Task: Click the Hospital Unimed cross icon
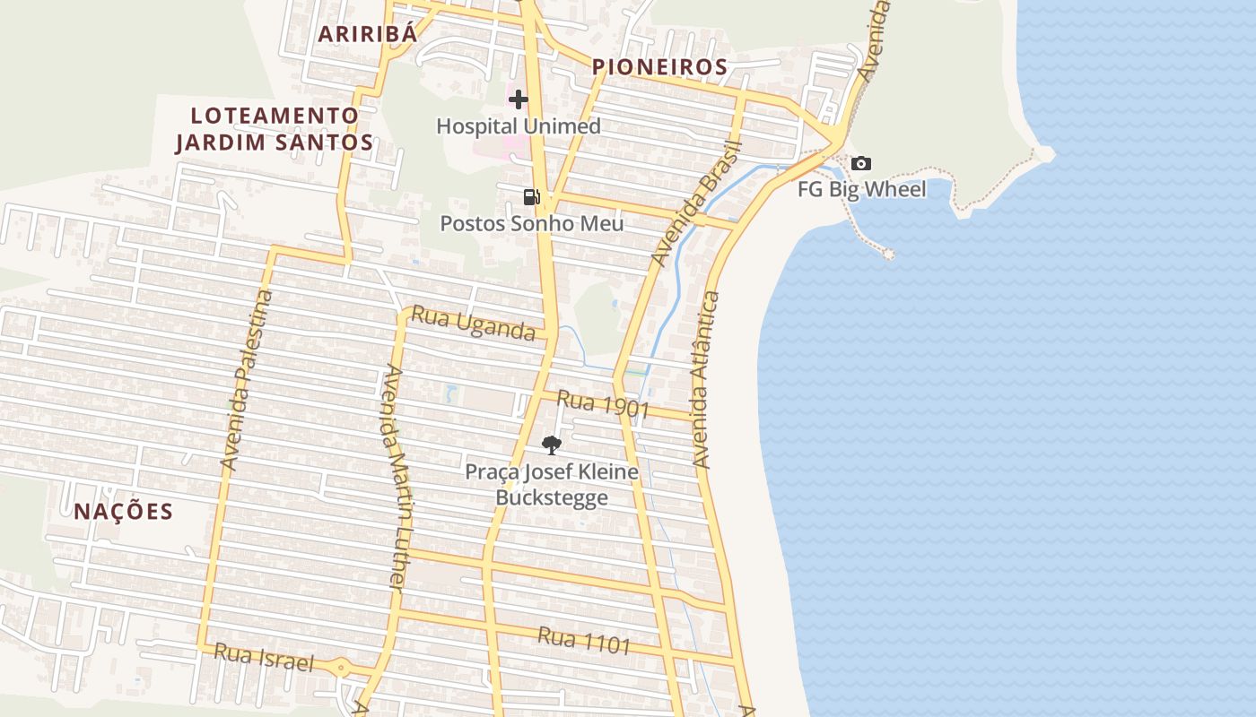(519, 99)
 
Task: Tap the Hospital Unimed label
(519, 126)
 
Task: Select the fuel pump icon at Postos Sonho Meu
(532, 197)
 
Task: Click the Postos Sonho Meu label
(531, 223)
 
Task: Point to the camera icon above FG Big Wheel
(861, 164)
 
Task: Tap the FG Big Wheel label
(862, 189)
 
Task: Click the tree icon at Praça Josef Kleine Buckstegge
(552, 445)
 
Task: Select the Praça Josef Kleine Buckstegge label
(552, 484)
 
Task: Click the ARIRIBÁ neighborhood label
(369, 34)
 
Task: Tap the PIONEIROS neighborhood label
(659, 67)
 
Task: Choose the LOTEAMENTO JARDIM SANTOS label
(275, 128)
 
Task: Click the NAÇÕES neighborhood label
(123, 512)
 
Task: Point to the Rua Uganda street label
(473, 325)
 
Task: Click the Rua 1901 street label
(602, 404)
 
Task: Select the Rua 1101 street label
(584, 640)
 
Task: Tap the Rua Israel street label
(264, 658)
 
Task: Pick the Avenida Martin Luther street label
(396, 477)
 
